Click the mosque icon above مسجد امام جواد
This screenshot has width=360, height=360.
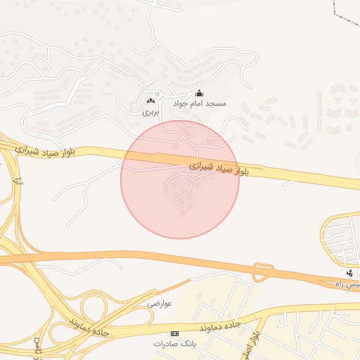[x=199, y=94]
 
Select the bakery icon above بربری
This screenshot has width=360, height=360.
[x=150, y=102]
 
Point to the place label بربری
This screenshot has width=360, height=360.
[x=150, y=112]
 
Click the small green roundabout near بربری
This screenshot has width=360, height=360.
[x=158, y=94]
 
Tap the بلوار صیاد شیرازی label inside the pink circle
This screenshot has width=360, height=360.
[x=219, y=169]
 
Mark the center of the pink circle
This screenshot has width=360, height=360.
[x=180, y=179]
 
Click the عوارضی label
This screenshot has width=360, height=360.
[x=160, y=304]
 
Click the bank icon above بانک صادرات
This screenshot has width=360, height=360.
[x=174, y=333]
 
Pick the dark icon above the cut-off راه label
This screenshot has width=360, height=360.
[x=349, y=273]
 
